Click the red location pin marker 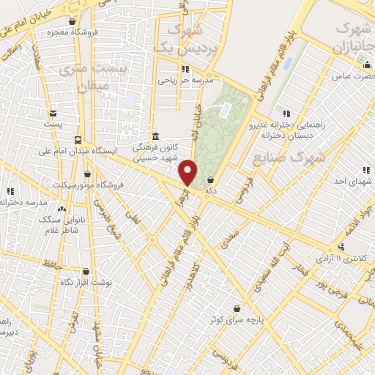(x=188, y=173)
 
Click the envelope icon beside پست (x=53, y=114)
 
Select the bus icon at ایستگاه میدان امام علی (x=78, y=139)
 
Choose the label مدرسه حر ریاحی (x=185, y=81)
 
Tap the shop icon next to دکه (x=211, y=179)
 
